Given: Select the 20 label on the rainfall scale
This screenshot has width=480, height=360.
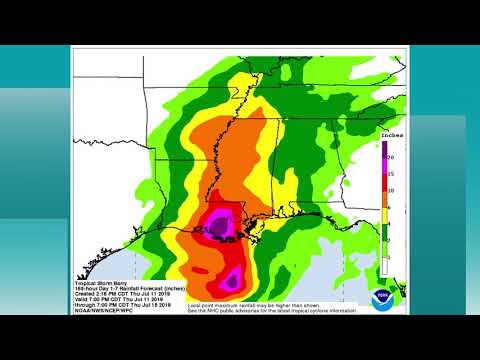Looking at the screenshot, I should [392, 158].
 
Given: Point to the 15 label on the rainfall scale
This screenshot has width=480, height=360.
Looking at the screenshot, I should [392, 173].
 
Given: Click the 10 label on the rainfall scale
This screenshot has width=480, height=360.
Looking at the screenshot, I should [392, 190].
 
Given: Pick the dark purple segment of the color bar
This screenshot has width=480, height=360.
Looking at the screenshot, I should [383, 150].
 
